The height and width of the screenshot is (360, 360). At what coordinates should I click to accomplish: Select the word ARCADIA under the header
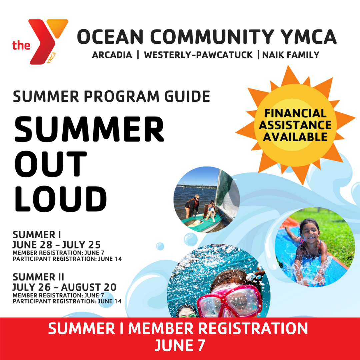[112, 55]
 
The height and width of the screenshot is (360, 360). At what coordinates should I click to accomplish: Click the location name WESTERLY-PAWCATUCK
[198, 55]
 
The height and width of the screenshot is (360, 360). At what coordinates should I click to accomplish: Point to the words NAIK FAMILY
[291, 55]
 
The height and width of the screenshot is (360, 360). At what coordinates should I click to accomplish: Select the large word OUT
[51, 164]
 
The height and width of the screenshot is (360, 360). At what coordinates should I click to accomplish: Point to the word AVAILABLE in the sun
[295, 137]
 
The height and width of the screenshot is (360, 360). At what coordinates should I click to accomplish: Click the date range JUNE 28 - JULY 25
[56, 245]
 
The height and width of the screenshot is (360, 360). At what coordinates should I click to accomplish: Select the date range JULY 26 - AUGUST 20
[64, 287]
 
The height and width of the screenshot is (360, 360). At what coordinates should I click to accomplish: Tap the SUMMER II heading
[39, 277]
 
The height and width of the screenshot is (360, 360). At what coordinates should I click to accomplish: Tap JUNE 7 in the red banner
[180, 346]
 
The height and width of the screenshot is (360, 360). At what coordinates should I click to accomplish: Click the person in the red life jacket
[193, 204]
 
